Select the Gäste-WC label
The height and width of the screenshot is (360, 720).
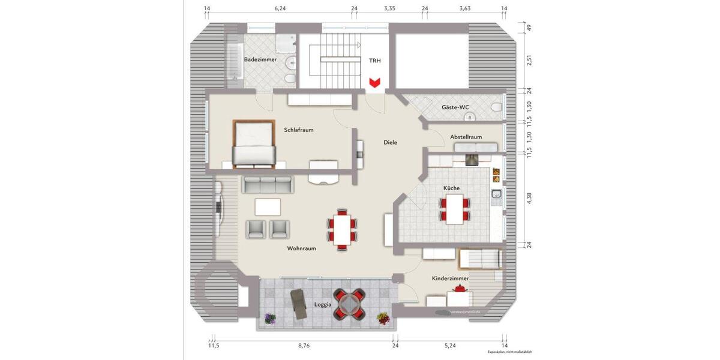click(x=455, y=107)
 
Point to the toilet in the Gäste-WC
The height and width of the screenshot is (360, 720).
click(x=496, y=107)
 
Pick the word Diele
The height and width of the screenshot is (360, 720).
click(x=391, y=142)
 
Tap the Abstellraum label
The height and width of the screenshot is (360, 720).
click(x=466, y=137)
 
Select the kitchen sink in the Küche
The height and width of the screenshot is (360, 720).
click(x=496, y=194)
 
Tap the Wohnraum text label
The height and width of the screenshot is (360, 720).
click(x=301, y=248)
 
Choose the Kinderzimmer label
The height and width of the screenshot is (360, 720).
click(x=450, y=279)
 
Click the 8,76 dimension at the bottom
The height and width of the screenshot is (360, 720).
click(x=304, y=346)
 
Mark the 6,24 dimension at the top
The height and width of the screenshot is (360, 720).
click(x=280, y=8)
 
